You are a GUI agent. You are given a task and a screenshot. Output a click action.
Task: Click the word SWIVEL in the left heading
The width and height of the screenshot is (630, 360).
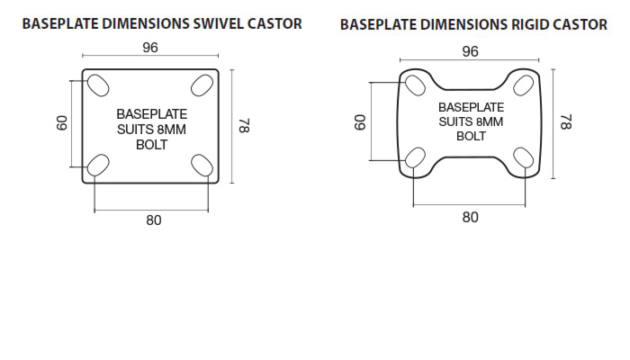tap(218, 23)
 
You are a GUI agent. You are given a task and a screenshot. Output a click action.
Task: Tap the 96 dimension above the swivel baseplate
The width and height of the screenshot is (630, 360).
tap(150, 48)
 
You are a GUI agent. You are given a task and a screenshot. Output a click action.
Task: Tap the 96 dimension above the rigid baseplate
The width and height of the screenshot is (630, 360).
tap(470, 51)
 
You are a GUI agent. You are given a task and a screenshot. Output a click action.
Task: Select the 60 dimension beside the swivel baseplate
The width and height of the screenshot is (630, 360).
tap(62, 123)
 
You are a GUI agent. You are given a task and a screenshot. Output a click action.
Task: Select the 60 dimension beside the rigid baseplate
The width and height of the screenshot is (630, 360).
tap(360, 122)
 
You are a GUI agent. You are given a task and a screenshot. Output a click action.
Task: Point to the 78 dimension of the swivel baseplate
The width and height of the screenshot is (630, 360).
tap(244, 125)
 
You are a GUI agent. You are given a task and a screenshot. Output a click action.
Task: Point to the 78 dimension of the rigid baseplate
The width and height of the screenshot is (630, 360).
tap(566, 122)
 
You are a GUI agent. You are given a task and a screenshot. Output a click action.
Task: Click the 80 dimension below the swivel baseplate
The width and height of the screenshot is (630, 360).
tap(154, 220)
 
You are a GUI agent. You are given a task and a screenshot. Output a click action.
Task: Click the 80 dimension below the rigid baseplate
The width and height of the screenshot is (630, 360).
tap(470, 218)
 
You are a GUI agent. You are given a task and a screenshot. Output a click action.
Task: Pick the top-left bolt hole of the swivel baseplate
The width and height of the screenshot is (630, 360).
tap(98, 85)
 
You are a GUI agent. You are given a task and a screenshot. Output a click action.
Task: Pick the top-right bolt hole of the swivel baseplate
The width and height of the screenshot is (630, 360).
tap(202, 85)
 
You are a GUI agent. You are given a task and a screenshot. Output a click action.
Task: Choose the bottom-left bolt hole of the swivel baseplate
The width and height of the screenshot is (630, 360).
tap(98, 165)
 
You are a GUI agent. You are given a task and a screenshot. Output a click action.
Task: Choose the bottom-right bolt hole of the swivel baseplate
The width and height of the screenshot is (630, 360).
tap(202, 165)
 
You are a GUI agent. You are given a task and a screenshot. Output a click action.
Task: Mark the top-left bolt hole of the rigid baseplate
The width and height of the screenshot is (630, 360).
tap(415, 85)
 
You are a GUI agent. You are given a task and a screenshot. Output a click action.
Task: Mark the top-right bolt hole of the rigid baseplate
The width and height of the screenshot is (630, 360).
tap(524, 85)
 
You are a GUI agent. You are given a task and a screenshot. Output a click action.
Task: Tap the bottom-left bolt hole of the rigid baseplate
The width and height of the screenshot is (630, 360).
tap(415, 157)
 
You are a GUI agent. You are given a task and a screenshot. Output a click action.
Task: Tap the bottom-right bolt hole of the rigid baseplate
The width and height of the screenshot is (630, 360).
tap(524, 157)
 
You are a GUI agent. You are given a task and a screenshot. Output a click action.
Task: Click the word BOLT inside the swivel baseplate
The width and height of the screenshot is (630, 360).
tap(151, 145)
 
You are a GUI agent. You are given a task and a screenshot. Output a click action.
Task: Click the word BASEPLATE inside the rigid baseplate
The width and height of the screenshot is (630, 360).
tap(471, 108)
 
